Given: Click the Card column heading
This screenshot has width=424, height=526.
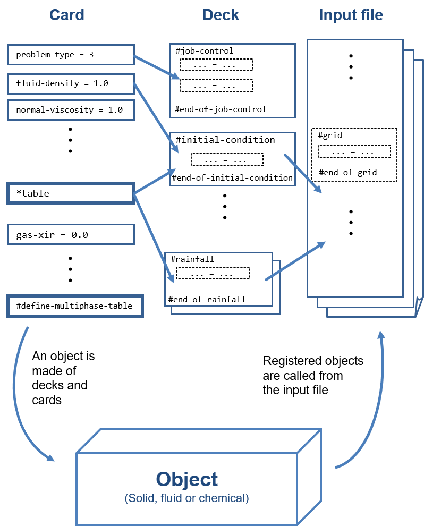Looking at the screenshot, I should point(67,15).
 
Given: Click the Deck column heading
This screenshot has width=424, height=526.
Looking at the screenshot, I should point(221,15).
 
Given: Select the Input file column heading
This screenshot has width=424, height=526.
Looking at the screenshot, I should point(351,15).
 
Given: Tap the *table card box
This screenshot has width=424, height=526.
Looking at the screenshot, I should point(71,193).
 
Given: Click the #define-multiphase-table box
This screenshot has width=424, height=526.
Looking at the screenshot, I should point(75,307).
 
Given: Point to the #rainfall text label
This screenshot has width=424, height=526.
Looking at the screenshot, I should point(192,259).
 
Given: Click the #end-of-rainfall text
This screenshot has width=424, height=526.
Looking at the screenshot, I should point(207,300).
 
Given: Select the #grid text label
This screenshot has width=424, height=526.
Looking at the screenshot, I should point(330,135).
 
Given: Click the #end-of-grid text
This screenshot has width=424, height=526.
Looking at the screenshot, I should point(348,173).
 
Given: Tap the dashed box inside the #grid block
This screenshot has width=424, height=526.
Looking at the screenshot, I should point(354,152).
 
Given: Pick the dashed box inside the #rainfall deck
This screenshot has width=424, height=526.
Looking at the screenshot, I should point(213,274).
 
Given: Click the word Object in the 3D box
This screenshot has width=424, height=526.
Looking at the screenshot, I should point(187,479).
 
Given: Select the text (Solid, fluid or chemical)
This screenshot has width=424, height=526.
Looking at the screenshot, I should point(187,498).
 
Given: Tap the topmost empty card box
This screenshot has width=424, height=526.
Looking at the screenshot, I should point(71,55).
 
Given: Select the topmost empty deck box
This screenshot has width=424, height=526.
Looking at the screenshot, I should point(232,81).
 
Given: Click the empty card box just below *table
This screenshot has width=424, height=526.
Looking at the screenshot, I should point(71,234).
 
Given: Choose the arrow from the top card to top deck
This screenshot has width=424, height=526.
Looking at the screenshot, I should point(156,67).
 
